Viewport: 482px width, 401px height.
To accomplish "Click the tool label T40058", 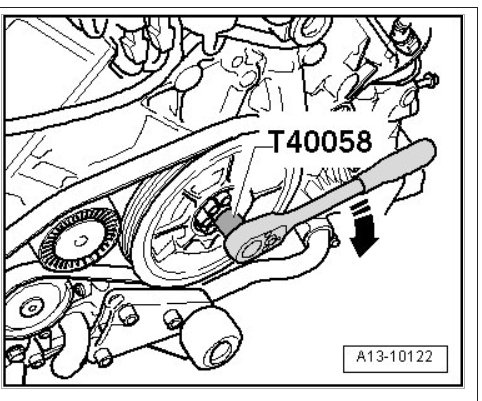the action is [321, 141].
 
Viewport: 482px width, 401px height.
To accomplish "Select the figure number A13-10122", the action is [395, 356].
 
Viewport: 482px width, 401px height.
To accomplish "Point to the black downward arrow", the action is [363, 230].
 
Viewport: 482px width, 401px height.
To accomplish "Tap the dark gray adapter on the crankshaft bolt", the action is [230, 223].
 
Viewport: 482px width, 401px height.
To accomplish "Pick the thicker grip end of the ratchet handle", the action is [397, 165].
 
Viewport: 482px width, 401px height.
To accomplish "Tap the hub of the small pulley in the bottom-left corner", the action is [32, 308].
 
